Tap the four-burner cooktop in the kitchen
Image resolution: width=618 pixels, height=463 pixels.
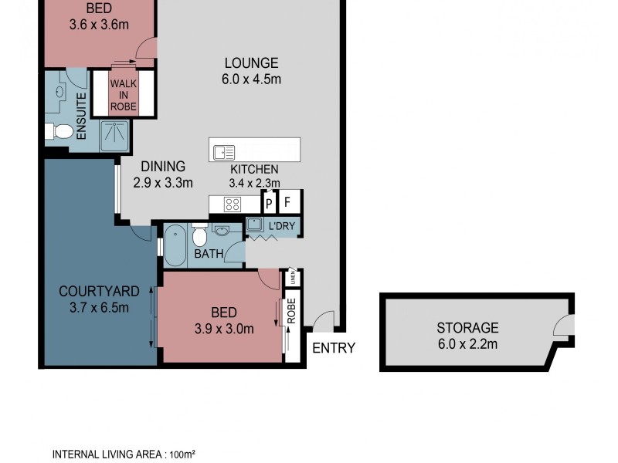[x=233, y=204]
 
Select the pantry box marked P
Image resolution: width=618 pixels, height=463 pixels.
[x=269, y=204]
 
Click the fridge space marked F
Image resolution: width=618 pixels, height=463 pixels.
[x=288, y=204]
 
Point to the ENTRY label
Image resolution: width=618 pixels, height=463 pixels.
[x=334, y=348]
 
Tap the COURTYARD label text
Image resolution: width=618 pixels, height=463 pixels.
[x=100, y=291]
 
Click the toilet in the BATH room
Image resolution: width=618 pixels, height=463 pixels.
[x=199, y=235]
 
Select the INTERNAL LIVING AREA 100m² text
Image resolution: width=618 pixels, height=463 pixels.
[x=123, y=454]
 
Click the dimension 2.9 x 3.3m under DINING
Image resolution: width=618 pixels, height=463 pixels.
[x=162, y=183]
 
